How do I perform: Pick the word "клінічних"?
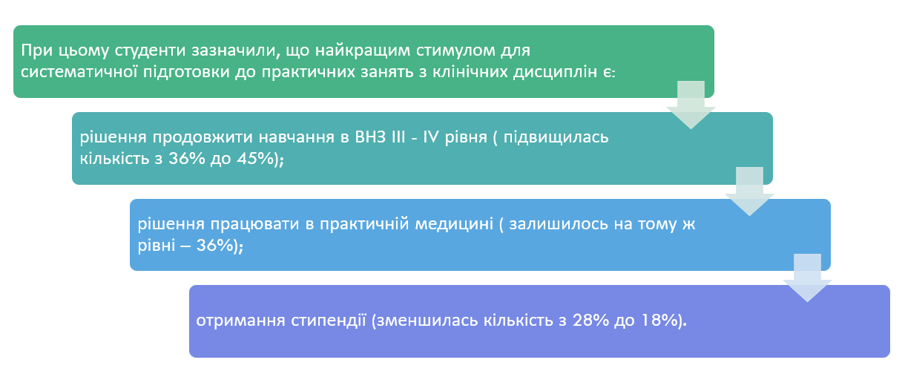pos(469,72)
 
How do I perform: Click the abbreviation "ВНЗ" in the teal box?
pos(369,137)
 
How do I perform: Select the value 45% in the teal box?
pos(255,159)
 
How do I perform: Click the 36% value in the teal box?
pos(187,159)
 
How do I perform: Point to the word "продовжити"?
pos(202,138)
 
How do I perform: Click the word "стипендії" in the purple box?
pos(328,321)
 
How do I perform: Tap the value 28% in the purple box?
pos(590,321)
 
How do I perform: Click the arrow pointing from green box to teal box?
pos(691,105)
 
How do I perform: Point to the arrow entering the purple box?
pos(807,278)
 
